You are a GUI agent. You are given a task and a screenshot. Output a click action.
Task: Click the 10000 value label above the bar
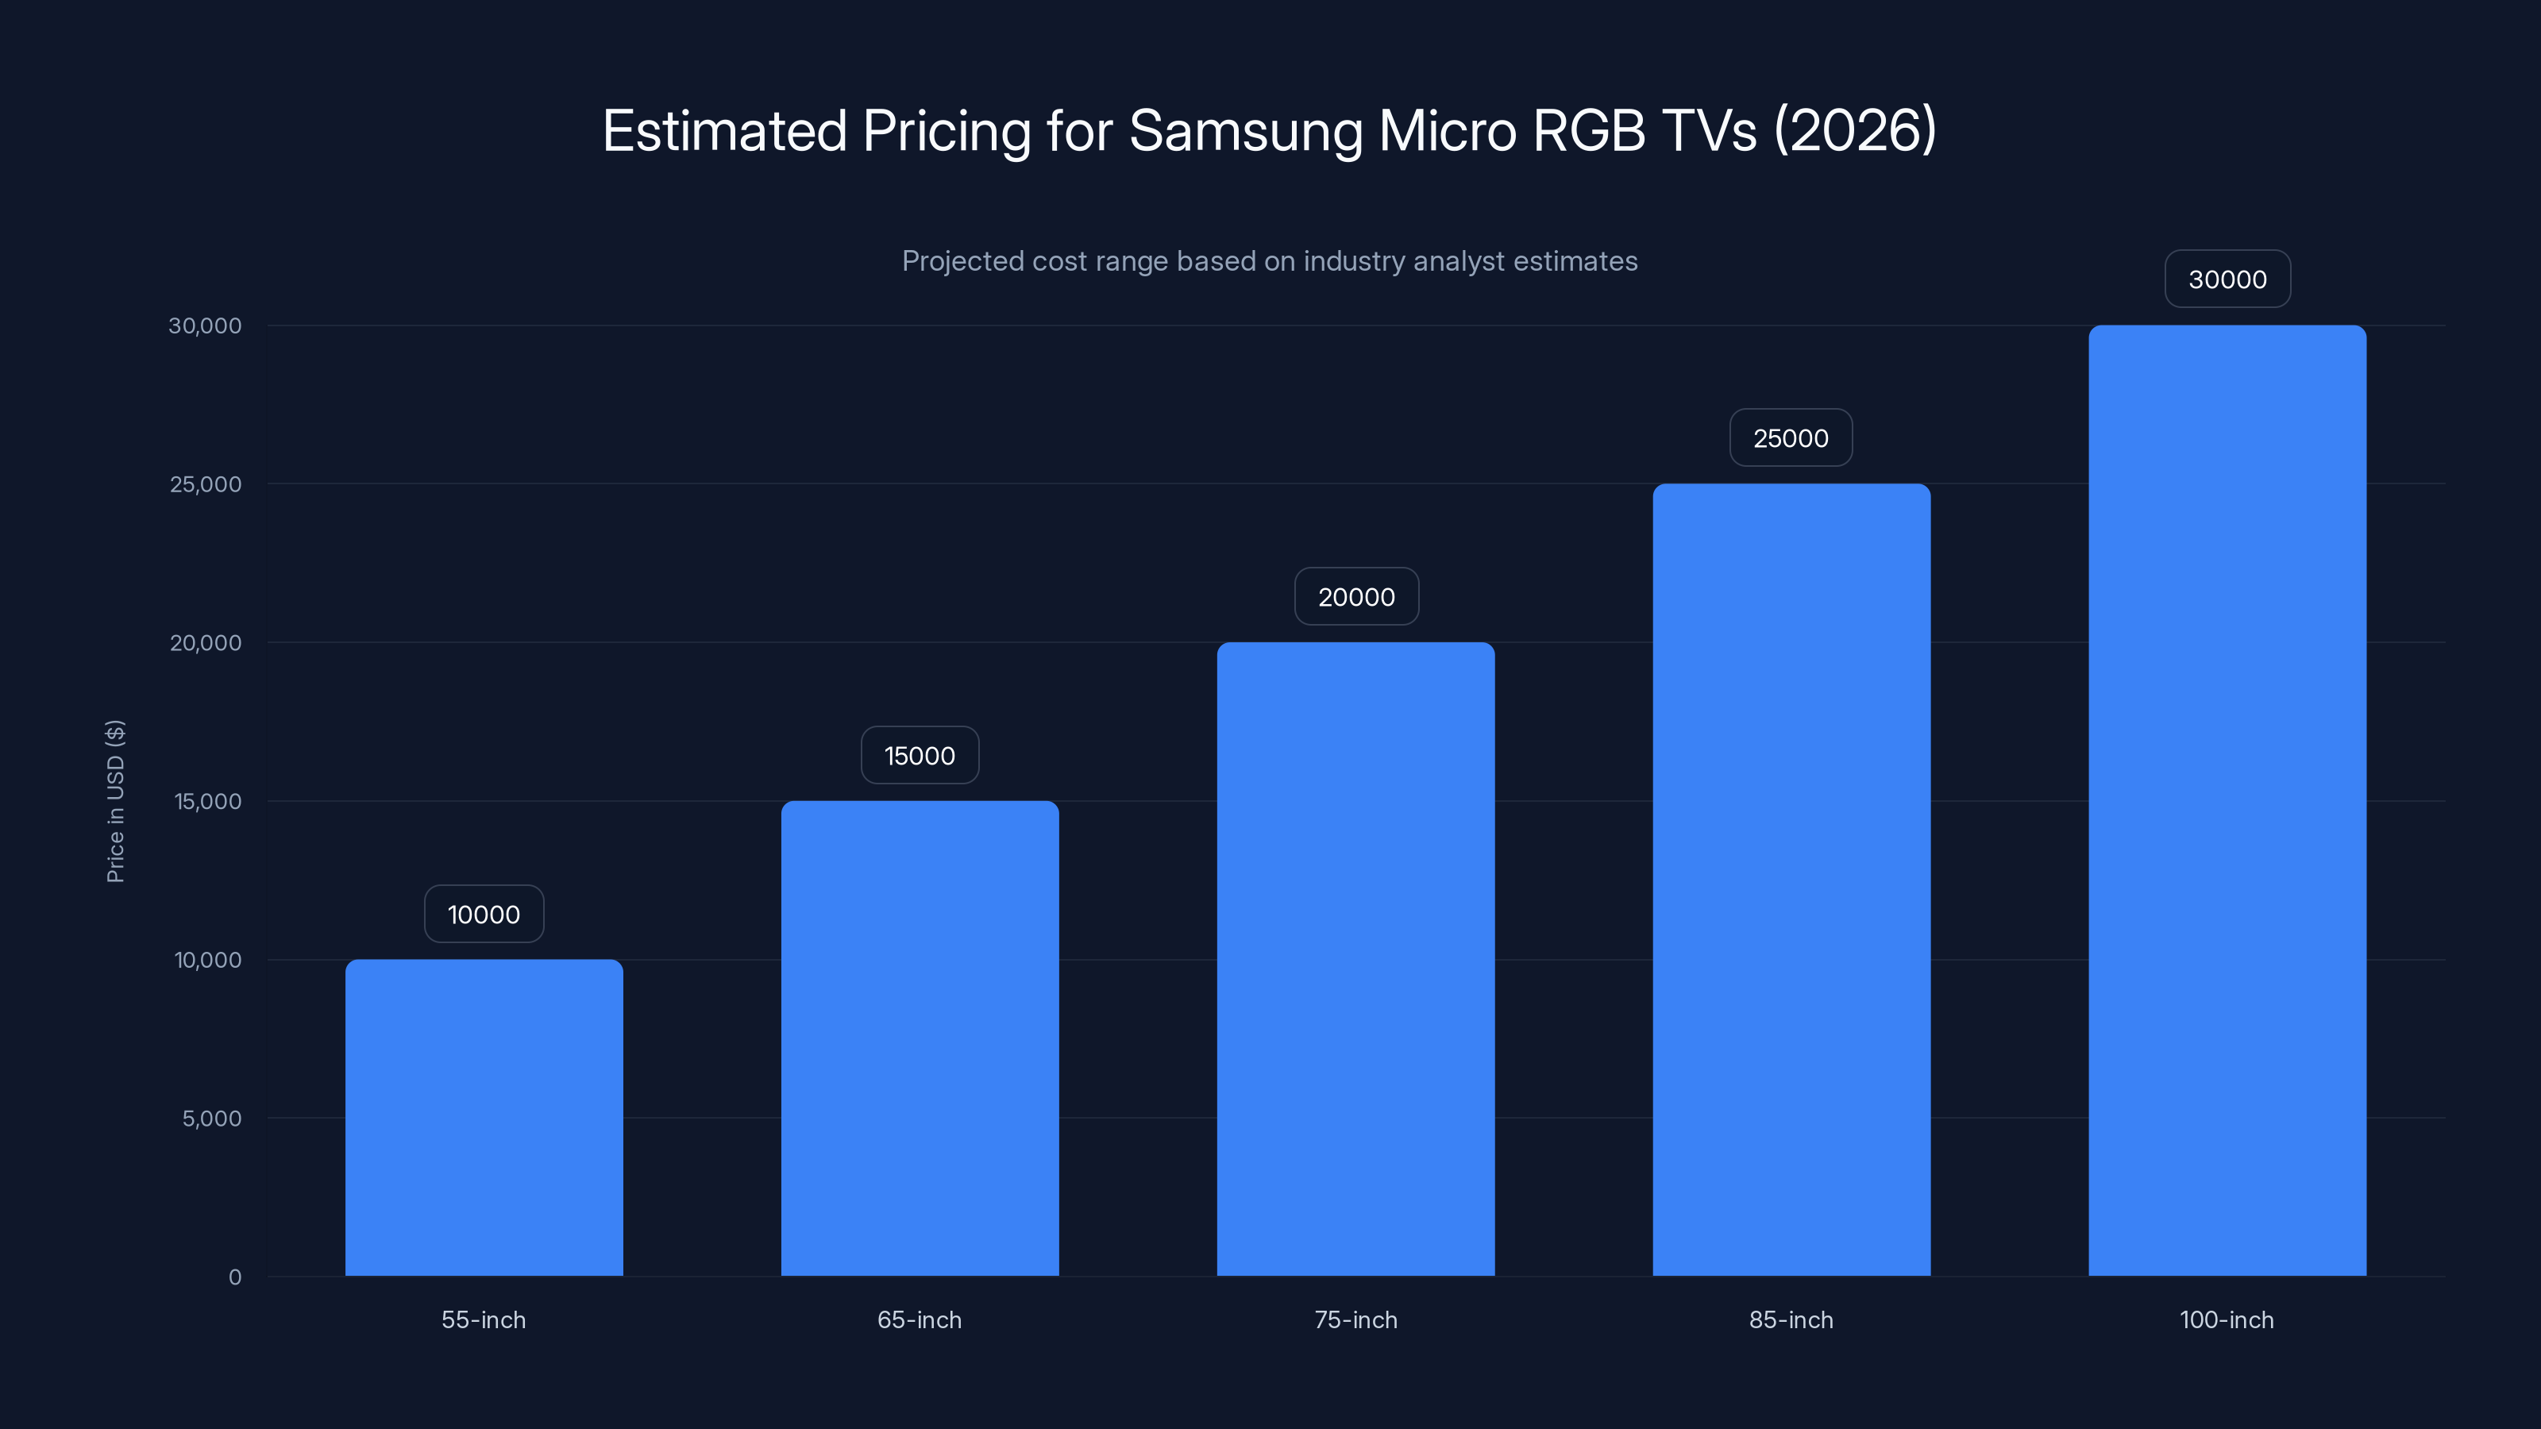(x=484, y=915)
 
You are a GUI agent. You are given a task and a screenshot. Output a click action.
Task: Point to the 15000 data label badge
(x=920, y=756)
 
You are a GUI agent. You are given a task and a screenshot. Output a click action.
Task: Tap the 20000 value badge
(x=1356, y=597)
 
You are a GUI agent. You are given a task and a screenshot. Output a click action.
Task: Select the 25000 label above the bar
(x=1791, y=438)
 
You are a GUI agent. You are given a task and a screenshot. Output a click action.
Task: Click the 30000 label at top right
(x=2227, y=279)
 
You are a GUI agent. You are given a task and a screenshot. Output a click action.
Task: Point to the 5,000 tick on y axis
(x=211, y=1119)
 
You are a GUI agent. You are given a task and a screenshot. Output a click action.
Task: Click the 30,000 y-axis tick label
(x=204, y=325)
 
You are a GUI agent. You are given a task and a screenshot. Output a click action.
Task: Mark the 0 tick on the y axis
(x=235, y=1277)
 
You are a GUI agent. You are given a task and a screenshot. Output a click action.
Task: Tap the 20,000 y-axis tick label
(x=205, y=643)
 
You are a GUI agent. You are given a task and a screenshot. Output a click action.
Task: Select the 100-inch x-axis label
(x=2227, y=1319)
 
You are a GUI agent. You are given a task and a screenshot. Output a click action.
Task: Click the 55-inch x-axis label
(x=484, y=1319)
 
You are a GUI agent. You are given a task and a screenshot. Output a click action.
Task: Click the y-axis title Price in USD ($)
(x=115, y=801)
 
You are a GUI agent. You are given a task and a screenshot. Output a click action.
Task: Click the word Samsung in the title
(x=1245, y=131)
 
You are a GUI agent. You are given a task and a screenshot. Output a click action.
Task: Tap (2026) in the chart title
(x=1854, y=131)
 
